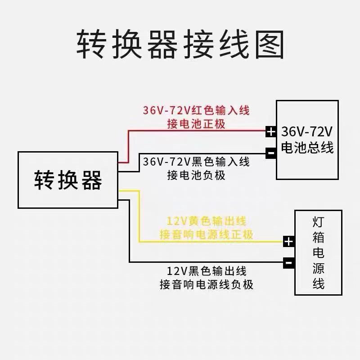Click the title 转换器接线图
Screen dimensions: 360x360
pyautogui.click(x=180, y=45)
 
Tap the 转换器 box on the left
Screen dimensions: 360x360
pyautogui.click(x=67, y=180)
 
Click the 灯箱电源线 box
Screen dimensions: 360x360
pyautogui.click(x=318, y=253)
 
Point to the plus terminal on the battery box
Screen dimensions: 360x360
pyautogui.click(x=270, y=132)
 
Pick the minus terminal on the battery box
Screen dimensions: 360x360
pyautogui.click(x=270, y=153)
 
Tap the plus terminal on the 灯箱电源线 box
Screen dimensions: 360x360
pyautogui.click(x=288, y=242)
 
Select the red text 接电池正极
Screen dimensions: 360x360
pyautogui.click(x=196, y=123)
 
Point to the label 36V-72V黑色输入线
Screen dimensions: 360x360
pyautogui.click(x=196, y=161)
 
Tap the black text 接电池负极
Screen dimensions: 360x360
pyautogui.click(x=196, y=175)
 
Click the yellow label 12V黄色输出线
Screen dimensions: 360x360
pyautogui.click(x=207, y=221)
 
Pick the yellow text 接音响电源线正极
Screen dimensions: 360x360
pyautogui.click(x=207, y=234)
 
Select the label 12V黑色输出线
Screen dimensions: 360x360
pyautogui.click(x=207, y=271)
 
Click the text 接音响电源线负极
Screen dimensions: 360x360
pyautogui.click(x=207, y=284)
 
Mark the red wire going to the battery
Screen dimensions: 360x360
pyautogui.click(x=198, y=131)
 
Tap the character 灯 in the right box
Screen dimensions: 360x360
pyautogui.click(x=318, y=222)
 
